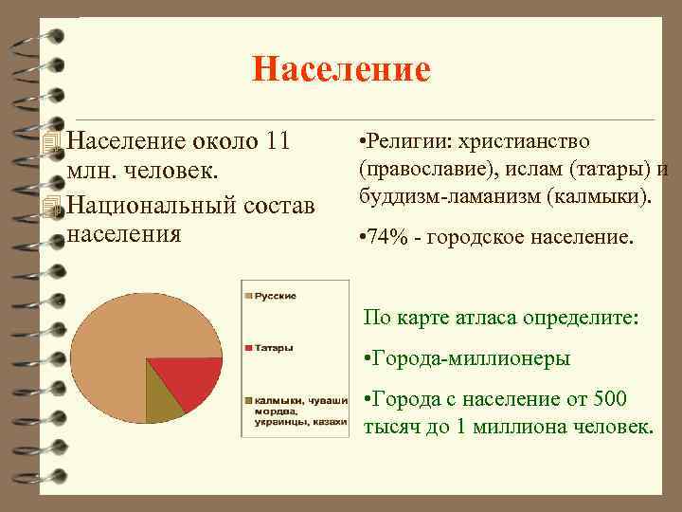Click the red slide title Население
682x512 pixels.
(341, 69)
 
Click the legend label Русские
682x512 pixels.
(275, 296)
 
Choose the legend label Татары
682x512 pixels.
(273, 348)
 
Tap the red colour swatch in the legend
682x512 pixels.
(247, 348)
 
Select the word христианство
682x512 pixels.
(524, 142)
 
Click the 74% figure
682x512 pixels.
(387, 237)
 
